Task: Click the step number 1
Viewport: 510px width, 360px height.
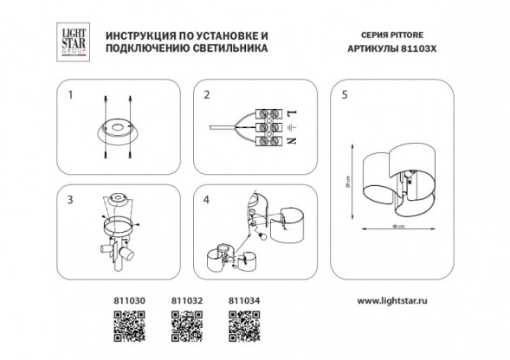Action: (73, 94)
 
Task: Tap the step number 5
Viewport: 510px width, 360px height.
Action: (345, 94)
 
